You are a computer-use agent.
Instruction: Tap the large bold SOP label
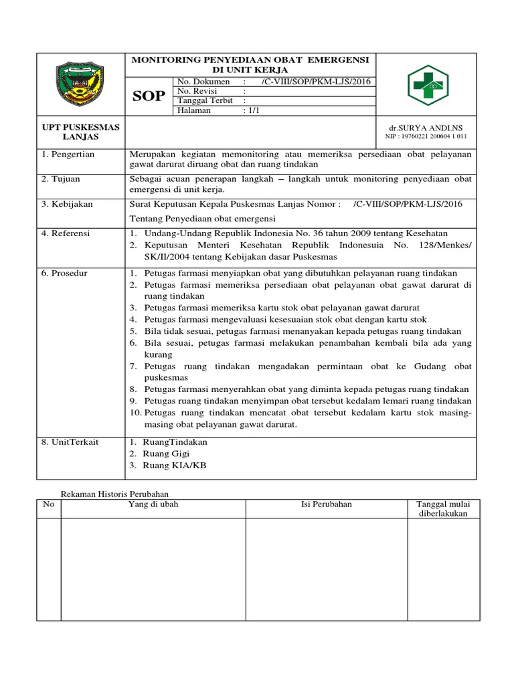click(149, 96)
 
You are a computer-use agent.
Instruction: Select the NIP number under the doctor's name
click(426, 136)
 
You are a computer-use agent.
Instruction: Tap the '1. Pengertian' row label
click(69, 155)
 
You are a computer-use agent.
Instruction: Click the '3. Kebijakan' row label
click(68, 204)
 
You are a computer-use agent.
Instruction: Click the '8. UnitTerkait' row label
click(70, 442)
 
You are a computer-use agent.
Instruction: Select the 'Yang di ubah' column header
click(153, 504)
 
